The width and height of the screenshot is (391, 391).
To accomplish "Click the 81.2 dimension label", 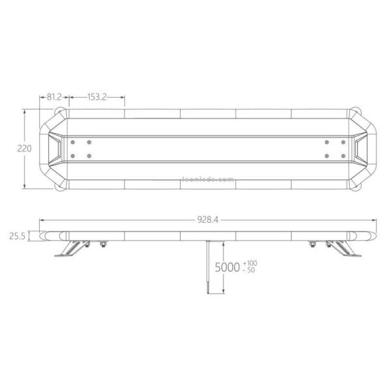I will pos(54,96).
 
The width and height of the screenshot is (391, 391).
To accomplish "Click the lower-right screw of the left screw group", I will pos(90,155).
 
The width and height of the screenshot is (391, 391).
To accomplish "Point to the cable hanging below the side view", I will pos(208,267).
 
